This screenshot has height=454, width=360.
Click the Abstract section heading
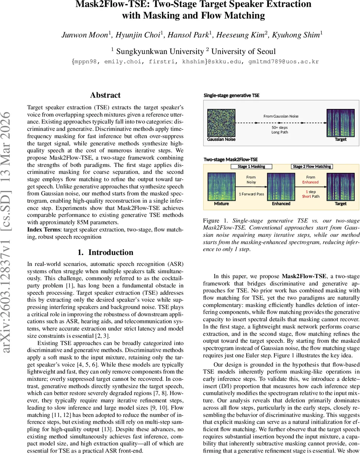105,95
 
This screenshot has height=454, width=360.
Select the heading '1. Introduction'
105,252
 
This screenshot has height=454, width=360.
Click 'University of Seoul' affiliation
243,51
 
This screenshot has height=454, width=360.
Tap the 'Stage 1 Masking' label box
251,166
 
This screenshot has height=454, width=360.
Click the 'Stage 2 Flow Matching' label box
312,166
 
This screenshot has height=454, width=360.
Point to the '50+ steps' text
280,127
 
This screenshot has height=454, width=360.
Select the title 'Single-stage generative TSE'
232,96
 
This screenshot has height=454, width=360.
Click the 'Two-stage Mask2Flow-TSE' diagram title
231,160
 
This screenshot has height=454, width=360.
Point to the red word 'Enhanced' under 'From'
310,182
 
